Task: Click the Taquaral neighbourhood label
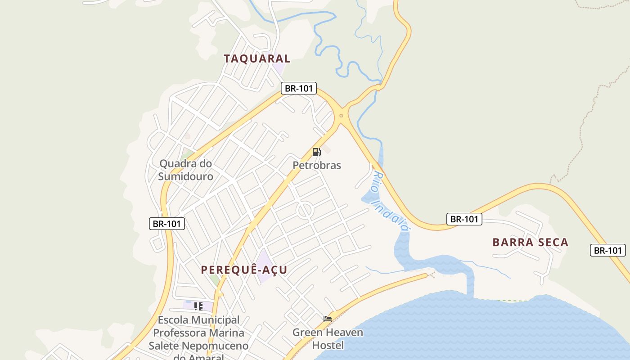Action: click(x=257, y=58)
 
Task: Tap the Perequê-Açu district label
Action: click(x=244, y=270)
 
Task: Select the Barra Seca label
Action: click(x=531, y=243)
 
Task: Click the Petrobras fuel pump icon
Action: click(x=316, y=152)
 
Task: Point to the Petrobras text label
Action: click(x=317, y=165)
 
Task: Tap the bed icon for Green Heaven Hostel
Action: click(x=328, y=319)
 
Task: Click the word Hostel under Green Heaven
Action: click(x=328, y=345)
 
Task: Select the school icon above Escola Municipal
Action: click(x=198, y=306)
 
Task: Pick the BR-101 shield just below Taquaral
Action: click(x=299, y=88)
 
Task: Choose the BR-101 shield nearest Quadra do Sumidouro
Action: click(x=167, y=223)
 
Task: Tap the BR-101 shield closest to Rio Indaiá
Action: click(x=464, y=219)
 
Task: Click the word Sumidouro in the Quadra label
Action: click(x=185, y=176)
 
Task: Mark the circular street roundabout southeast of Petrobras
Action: click(x=305, y=210)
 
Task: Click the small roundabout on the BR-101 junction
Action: click(x=341, y=116)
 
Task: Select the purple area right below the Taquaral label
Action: click(x=279, y=69)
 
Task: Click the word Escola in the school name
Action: click(x=173, y=320)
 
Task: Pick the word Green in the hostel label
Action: click(x=308, y=333)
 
